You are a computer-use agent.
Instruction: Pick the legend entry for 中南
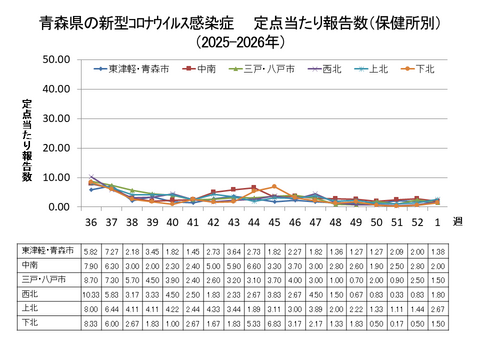coord(207,69)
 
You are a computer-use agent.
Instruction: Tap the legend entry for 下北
coord(425,69)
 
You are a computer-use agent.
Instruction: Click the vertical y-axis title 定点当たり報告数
coord(27,140)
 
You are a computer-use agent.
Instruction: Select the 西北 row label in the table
coord(30,295)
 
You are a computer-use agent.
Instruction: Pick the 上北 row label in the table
coord(30,310)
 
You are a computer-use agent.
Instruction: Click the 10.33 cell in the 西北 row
coord(92,295)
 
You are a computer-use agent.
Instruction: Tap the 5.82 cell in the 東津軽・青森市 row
coord(92,250)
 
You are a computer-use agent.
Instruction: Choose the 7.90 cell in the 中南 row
coord(92,265)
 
